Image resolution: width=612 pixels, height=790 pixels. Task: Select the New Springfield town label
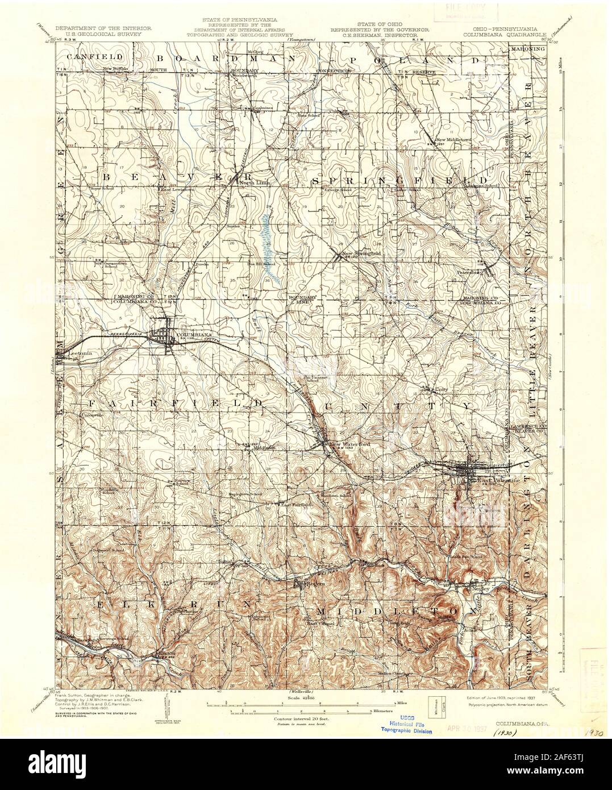click(x=360, y=253)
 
